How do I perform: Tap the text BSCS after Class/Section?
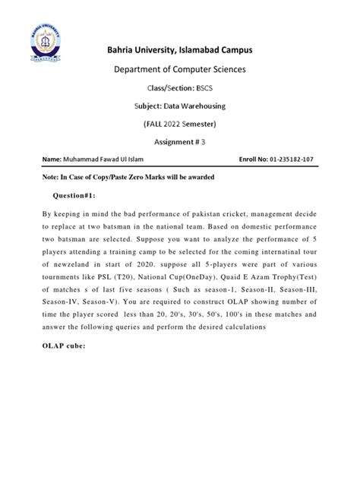(203, 89)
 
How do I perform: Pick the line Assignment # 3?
(179, 141)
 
